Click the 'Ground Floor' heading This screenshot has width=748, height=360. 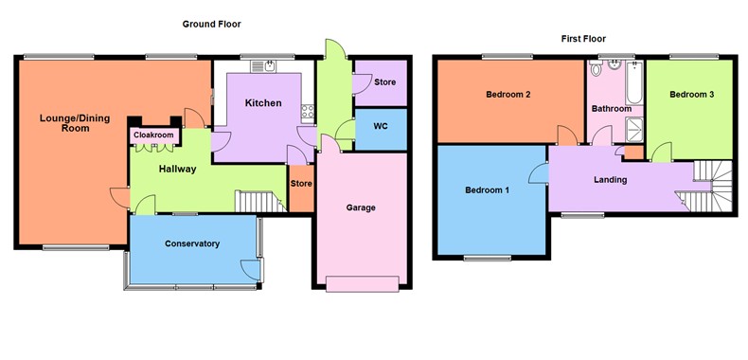(x=209, y=23)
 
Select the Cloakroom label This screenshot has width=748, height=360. (x=153, y=135)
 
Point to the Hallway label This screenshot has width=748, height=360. (x=177, y=170)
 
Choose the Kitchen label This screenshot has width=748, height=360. (x=262, y=102)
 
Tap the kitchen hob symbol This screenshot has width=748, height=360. (x=307, y=112)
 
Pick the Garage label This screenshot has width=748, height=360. (x=361, y=207)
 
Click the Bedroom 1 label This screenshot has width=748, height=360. (x=488, y=190)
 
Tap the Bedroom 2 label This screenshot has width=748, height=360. (x=508, y=95)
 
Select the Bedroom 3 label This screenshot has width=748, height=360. (x=691, y=95)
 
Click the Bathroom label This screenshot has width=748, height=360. (x=612, y=109)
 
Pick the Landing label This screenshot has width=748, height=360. (x=610, y=179)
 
